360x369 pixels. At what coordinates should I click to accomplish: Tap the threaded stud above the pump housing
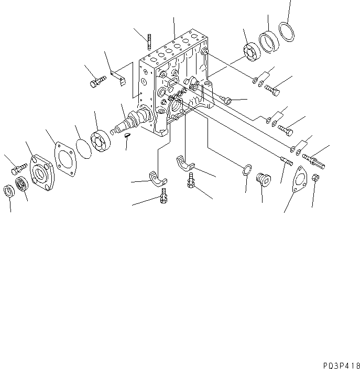click(150, 42)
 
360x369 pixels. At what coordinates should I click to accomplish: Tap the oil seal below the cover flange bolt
click(22, 185)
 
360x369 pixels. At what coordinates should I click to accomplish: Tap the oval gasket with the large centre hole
click(299, 178)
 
